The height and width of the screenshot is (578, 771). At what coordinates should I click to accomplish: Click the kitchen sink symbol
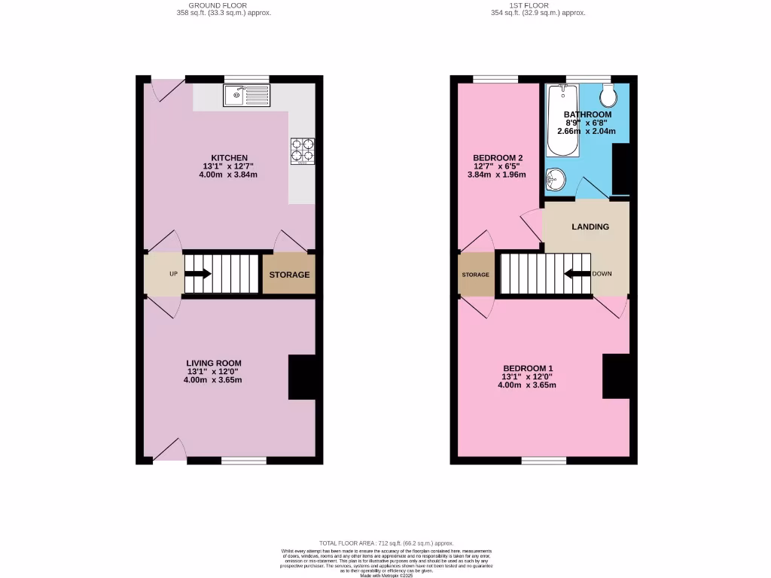click(246, 96)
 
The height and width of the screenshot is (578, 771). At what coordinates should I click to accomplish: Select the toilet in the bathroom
click(608, 96)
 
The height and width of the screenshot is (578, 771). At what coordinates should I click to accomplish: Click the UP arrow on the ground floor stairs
click(198, 274)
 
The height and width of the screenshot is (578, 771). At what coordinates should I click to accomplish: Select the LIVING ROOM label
click(214, 363)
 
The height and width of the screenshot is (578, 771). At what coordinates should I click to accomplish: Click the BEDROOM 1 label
click(528, 368)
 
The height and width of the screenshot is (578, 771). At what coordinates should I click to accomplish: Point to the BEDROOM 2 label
click(492, 157)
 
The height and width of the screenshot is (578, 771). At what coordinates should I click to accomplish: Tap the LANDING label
click(590, 227)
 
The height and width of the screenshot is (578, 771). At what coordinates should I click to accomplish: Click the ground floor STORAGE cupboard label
click(289, 275)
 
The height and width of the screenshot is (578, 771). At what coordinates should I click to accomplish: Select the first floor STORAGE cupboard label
click(475, 275)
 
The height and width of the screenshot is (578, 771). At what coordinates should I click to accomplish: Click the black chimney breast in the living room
click(302, 377)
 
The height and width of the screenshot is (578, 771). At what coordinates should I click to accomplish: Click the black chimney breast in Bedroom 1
click(615, 376)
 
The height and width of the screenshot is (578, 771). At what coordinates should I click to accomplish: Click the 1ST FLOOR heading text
click(538, 5)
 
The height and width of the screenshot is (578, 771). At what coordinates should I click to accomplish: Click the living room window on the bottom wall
click(244, 460)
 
